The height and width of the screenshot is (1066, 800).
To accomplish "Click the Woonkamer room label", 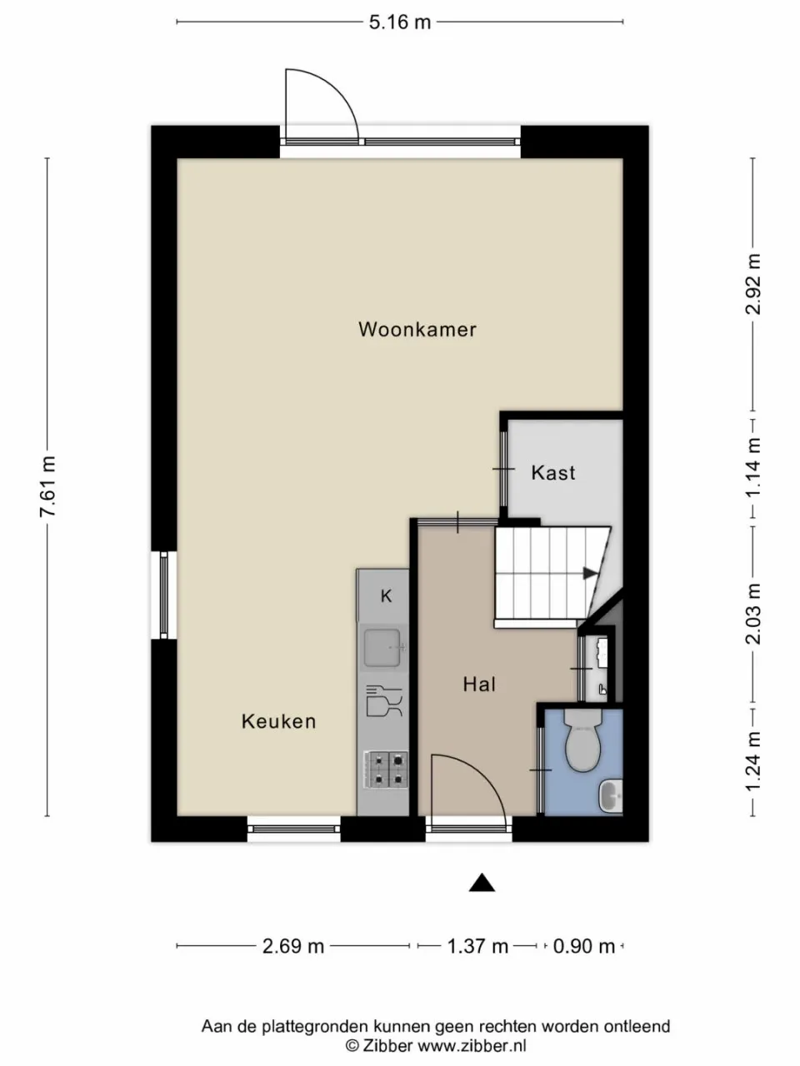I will click(417, 329).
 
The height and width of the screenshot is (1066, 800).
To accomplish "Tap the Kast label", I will click(553, 473).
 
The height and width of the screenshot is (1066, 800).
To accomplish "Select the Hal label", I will click(479, 685).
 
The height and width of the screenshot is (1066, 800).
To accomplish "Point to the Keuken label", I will click(279, 721).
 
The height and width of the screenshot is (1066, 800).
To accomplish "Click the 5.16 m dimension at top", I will click(400, 22).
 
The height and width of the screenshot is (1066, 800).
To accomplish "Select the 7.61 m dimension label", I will click(47, 487).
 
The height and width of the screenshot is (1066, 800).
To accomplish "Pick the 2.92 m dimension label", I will click(753, 284).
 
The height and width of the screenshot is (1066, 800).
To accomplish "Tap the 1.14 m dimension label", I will click(753, 467).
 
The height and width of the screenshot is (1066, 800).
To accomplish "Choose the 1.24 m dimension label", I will click(753, 762).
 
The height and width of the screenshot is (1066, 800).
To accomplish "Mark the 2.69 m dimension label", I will click(293, 946).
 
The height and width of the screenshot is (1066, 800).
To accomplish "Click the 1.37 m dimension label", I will click(477, 946).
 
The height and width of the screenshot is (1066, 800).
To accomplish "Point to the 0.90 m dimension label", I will click(584, 946).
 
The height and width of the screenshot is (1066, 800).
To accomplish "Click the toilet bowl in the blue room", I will click(582, 743).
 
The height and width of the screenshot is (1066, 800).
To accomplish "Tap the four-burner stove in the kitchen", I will click(384, 770).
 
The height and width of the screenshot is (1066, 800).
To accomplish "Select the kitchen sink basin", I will click(384, 647).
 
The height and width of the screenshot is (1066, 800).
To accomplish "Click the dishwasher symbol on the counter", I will click(384, 700).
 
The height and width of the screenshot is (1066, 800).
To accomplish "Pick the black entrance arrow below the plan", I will click(482, 884).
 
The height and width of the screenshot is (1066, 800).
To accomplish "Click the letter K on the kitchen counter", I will click(386, 596).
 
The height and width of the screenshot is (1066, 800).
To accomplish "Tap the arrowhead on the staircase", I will click(590, 573).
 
